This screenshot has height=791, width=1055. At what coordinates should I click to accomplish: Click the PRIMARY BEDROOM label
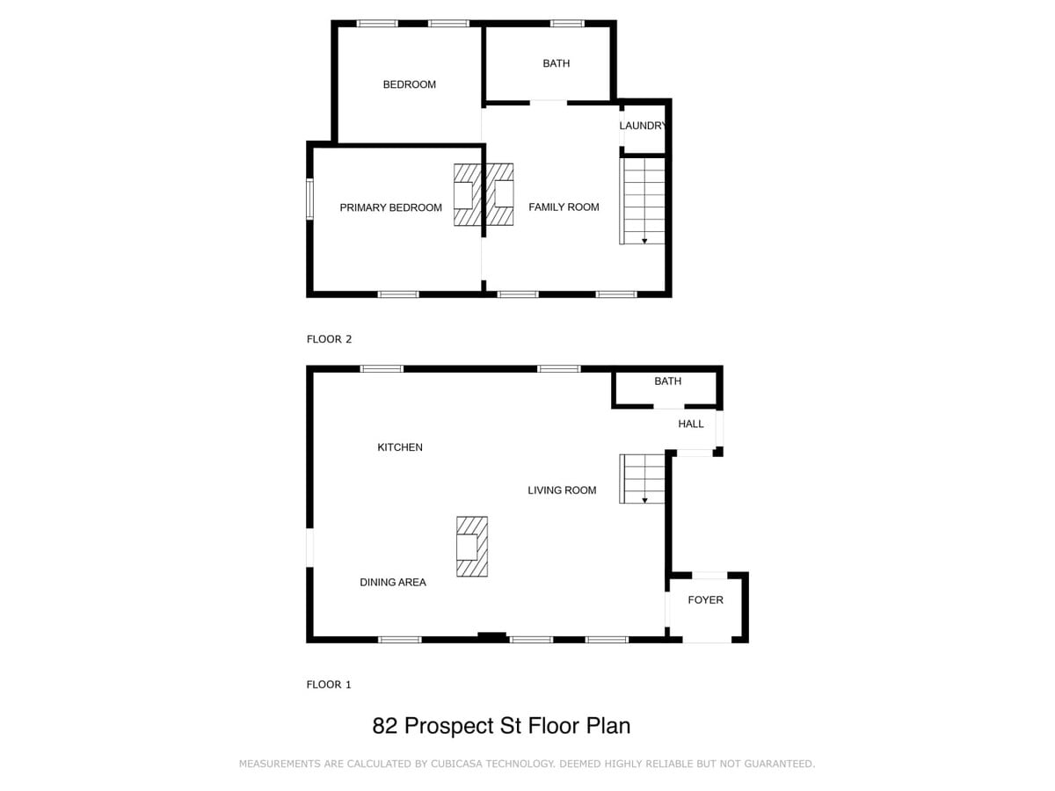point(390,207)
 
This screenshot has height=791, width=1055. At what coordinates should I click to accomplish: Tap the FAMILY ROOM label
point(564,207)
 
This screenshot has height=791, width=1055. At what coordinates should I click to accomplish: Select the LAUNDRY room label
point(642,126)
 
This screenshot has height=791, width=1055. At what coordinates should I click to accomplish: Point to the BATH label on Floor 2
point(557,63)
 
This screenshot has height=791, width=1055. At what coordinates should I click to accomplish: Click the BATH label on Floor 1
point(667,381)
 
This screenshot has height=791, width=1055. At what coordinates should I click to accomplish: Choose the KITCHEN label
point(400,447)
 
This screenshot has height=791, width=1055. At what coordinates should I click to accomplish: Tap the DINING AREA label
point(393,582)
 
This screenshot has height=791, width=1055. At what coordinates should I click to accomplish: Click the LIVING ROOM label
point(562,490)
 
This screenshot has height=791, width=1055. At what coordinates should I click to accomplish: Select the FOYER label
point(705,599)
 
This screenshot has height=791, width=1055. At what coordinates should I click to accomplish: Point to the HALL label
point(691,424)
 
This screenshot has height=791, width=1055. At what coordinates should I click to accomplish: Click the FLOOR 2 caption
point(329,339)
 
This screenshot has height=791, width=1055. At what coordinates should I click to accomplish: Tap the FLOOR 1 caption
point(329,685)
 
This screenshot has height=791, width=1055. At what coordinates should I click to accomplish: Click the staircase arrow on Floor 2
point(644,241)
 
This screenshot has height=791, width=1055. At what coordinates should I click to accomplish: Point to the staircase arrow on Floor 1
point(644,500)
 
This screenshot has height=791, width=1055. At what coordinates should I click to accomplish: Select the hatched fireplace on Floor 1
point(471,546)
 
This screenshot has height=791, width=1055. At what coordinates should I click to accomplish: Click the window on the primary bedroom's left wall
point(310,199)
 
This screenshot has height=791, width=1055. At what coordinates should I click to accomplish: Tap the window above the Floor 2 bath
point(567,24)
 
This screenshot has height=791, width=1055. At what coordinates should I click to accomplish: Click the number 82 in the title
point(385,726)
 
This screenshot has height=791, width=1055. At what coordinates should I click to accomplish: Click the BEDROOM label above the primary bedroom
point(409,84)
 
